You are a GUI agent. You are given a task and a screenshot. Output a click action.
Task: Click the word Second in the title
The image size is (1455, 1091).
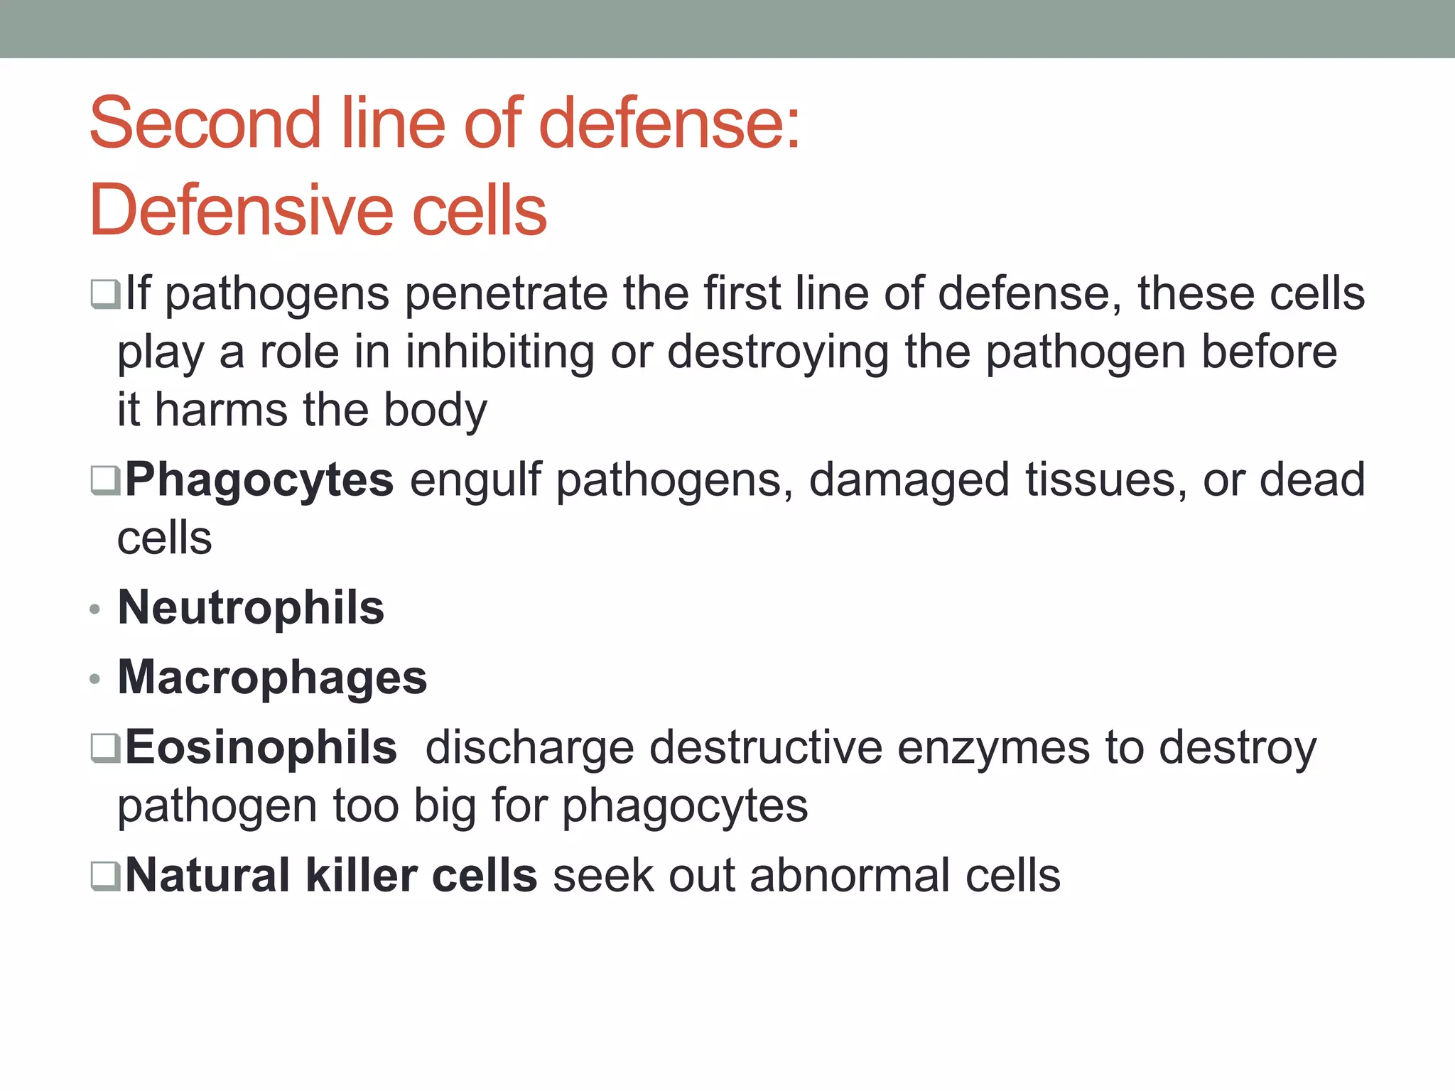click(205, 124)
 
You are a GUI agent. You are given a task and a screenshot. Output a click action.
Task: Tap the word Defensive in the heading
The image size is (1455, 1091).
click(241, 211)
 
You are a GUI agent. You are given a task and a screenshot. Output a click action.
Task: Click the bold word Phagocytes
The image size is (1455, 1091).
click(259, 480)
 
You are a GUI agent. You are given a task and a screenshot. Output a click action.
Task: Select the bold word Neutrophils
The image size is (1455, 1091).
click(251, 608)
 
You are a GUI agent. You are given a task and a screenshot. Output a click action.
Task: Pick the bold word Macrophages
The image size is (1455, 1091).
click(272, 678)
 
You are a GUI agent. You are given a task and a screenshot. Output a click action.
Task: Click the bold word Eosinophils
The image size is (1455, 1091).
click(261, 748)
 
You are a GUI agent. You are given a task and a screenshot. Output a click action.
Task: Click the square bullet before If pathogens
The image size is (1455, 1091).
click(105, 294)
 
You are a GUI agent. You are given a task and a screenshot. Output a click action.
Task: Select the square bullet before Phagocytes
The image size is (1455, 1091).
click(105, 481)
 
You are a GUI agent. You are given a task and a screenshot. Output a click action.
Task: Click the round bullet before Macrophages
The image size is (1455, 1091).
click(95, 680)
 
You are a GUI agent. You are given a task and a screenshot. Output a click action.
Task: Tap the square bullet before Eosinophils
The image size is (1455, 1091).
click(105, 749)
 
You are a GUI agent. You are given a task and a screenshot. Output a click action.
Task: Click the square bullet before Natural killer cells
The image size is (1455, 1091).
click(105, 876)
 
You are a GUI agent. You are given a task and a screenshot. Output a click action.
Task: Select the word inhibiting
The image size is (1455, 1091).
click(499, 352)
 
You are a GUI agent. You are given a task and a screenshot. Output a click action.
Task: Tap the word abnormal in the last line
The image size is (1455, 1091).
click(849, 875)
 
